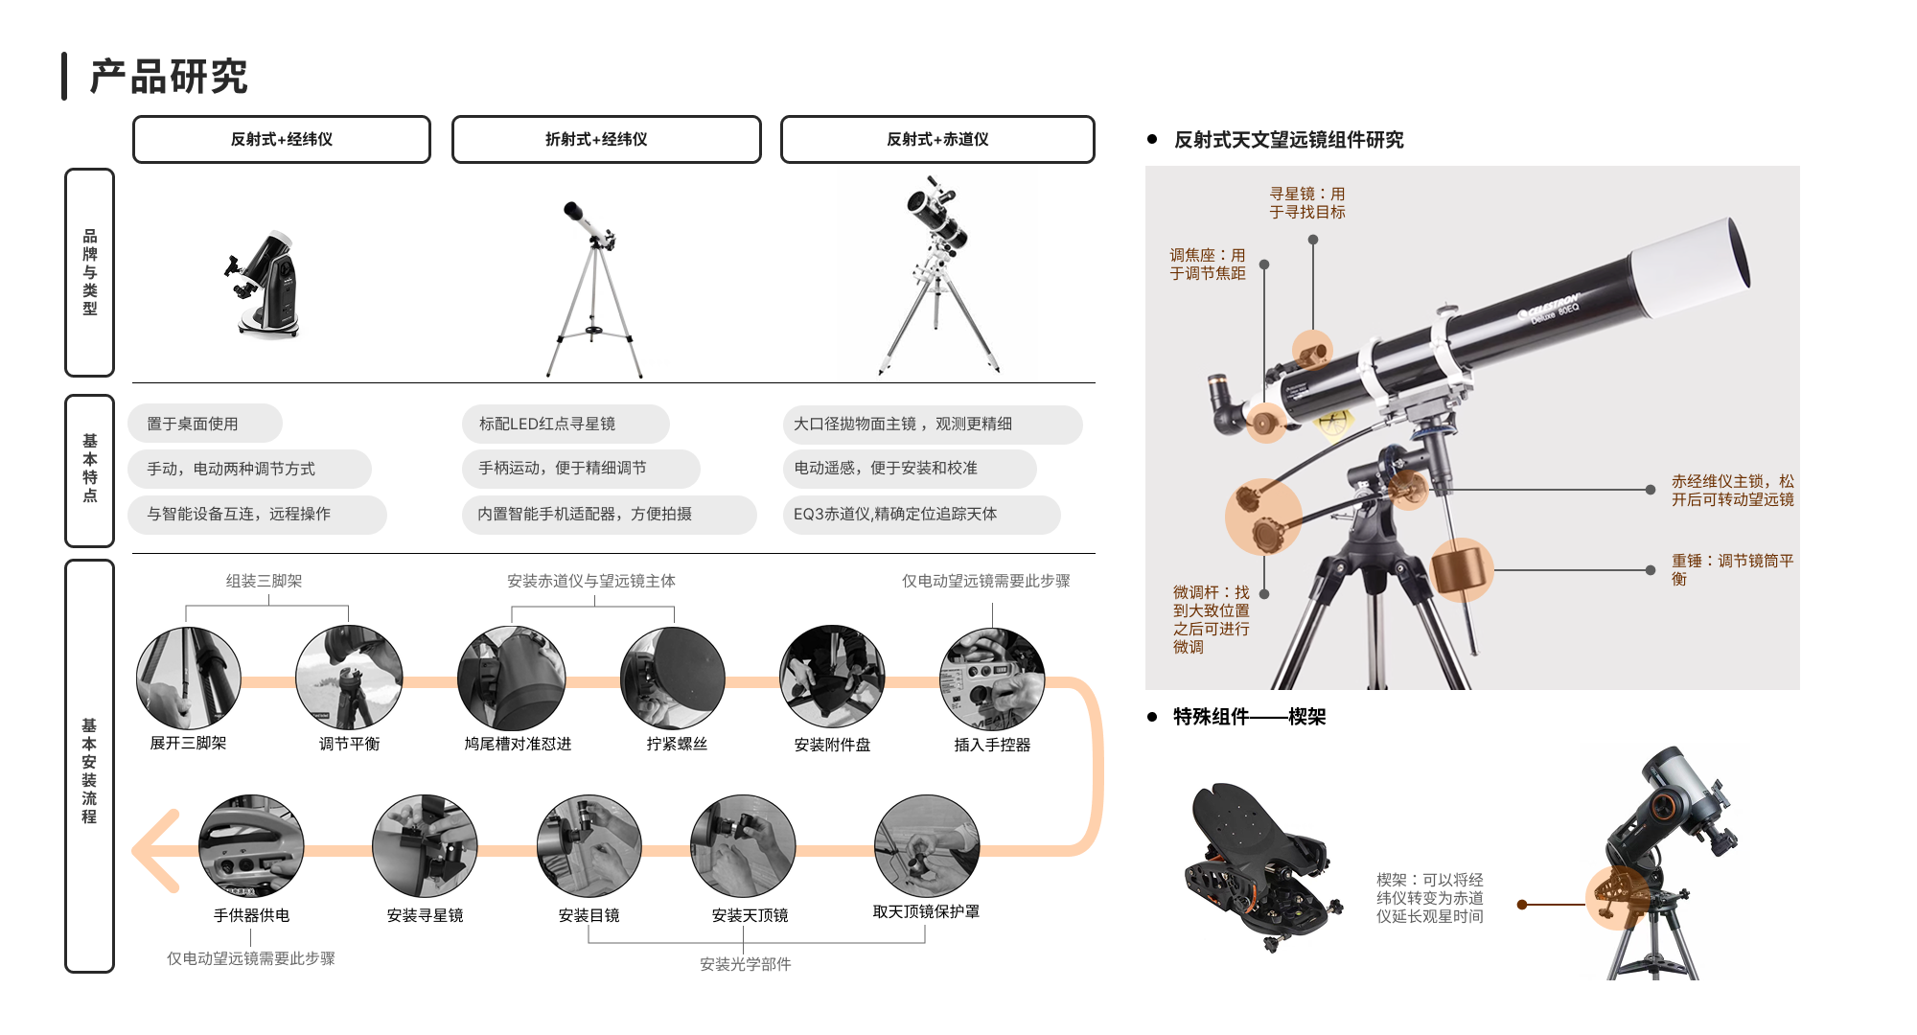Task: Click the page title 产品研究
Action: point(170,77)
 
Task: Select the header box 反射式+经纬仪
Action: point(282,140)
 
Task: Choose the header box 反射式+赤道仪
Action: point(937,140)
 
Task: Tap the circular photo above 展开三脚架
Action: point(189,678)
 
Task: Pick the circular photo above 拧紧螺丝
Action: point(673,678)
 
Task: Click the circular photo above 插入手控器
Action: point(992,678)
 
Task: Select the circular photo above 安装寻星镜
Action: point(425,846)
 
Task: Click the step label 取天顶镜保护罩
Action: point(926,911)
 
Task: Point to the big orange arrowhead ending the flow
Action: point(153,851)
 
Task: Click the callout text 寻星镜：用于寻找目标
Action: point(1307,203)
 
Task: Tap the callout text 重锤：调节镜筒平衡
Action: point(1732,569)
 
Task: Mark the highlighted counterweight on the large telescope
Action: point(1462,569)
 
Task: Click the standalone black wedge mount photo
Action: point(1256,867)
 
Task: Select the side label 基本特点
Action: point(89,469)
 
